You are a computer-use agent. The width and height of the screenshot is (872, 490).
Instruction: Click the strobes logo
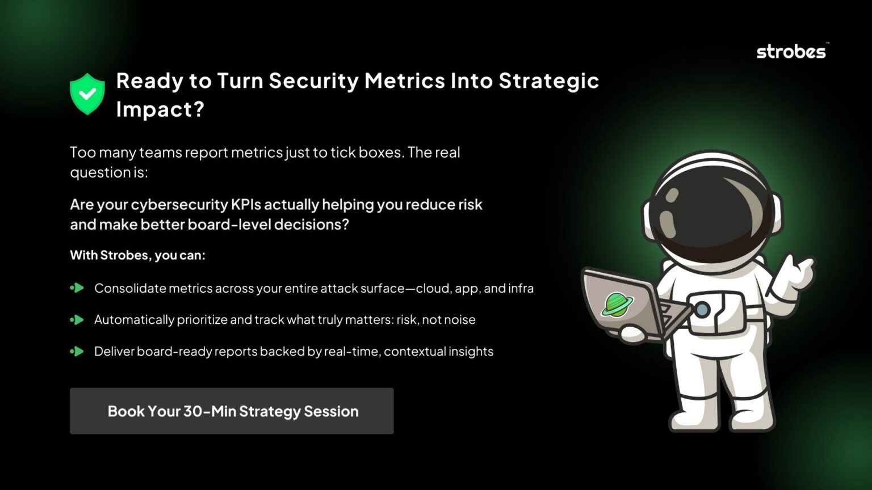click(791, 52)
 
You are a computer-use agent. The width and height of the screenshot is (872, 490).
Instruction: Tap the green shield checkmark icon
click(87, 94)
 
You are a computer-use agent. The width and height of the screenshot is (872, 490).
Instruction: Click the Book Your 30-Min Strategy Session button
click(232, 411)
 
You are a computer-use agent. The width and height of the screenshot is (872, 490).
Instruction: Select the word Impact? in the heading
click(160, 109)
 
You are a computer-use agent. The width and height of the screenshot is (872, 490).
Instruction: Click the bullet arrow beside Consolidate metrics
click(77, 288)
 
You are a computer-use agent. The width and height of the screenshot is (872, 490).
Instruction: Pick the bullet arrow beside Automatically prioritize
click(77, 320)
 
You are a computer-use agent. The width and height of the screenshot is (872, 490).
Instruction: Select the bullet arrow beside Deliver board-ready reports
click(77, 352)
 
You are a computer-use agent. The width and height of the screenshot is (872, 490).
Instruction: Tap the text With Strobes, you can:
click(137, 255)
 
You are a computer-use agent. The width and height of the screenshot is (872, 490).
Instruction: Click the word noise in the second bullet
click(460, 320)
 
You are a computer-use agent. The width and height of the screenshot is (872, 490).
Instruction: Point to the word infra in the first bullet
click(521, 288)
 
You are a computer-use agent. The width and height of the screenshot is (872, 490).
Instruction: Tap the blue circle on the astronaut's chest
click(702, 309)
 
